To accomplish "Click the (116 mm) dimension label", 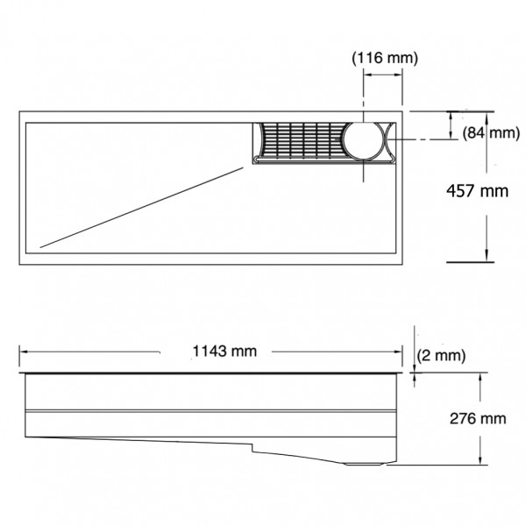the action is (385, 58).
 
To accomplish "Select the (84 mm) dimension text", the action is (491, 133).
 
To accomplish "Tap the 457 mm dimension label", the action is (478, 191).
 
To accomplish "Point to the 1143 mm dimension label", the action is (224, 352).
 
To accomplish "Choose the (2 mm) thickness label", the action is (441, 355).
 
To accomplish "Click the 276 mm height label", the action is (478, 419).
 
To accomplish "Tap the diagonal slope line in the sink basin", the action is (141, 208).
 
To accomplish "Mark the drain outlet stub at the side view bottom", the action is (365, 464).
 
